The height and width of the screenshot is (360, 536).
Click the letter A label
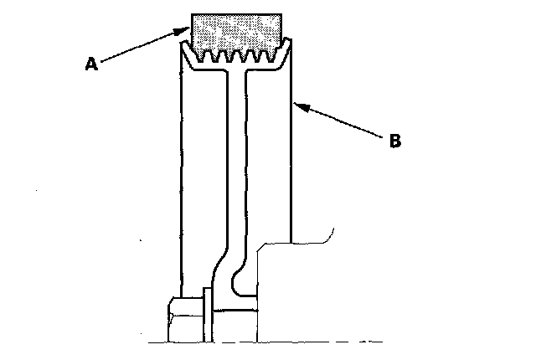click(92, 64)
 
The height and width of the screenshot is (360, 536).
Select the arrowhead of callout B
click(296, 105)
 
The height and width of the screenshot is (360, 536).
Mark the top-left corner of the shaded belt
click(192, 14)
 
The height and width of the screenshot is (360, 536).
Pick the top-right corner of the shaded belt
click(281, 14)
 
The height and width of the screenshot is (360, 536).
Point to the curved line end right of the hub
click(333, 231)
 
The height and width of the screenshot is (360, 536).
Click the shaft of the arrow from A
click(138, 47)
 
